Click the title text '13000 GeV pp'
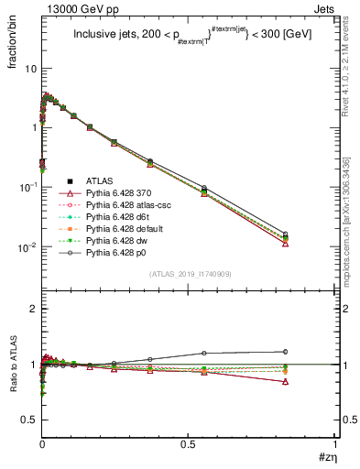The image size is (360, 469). point(70,10)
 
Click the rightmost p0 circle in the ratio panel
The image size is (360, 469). point(286,351)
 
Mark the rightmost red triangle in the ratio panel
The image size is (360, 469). point(286,382)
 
